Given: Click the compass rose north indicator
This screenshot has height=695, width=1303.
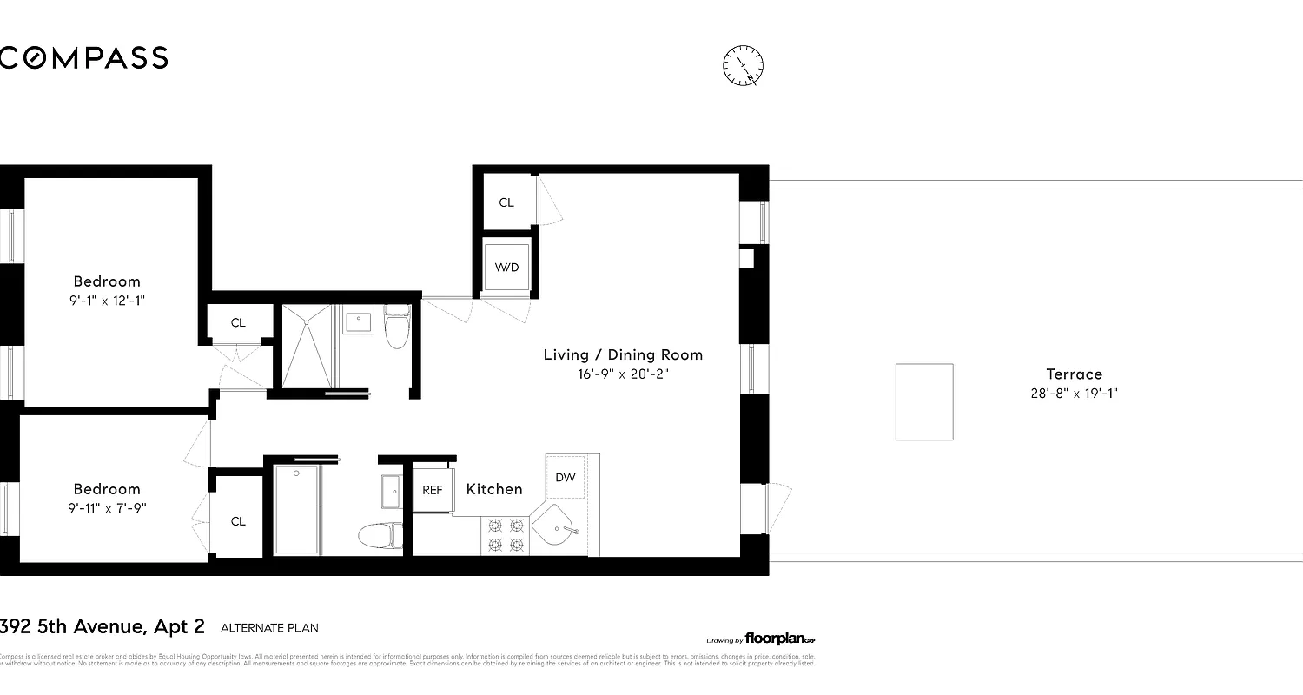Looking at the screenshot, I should coord(743,66).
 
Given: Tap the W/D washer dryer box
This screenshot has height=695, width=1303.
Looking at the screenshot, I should coord(506,267).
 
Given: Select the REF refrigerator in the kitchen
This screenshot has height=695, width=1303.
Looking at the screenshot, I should coord(433,490).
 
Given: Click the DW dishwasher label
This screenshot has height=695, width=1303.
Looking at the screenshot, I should coord(566,477).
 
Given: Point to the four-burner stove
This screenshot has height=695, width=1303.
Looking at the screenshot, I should coord(506,535).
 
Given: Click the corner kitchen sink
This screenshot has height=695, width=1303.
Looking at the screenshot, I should coord(556,528).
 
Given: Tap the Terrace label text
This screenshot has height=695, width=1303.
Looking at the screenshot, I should coord(1074,374).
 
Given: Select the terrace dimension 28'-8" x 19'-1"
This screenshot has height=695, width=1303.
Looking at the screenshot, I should coord(1074,393).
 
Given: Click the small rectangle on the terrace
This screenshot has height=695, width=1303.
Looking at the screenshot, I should coord(924,401).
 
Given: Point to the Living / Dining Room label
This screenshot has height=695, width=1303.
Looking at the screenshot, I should coord(623,354).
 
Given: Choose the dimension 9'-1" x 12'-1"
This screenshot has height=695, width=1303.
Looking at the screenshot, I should coord(107,300).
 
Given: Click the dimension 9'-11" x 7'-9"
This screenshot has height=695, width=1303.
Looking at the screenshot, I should coord(107,507).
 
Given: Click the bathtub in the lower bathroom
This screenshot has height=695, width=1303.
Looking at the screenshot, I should coord(297,510).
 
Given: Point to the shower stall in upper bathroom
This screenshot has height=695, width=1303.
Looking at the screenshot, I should coord(307,346).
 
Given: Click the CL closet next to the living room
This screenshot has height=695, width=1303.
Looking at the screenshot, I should coord(506,202).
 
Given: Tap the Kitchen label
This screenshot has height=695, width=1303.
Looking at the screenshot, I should coord(494,489).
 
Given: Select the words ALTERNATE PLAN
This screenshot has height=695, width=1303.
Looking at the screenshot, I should coord(269,627).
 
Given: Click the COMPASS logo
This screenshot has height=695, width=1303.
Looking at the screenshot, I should coord(83,57).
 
